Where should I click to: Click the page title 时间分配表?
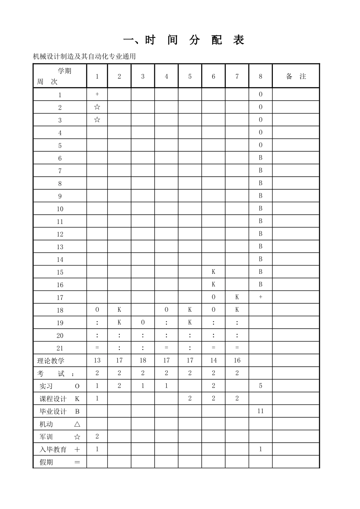184,40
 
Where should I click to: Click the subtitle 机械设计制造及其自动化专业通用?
84,57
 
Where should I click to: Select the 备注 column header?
296,76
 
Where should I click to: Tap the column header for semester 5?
190,76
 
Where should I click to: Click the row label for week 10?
60,209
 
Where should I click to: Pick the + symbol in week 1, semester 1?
97,94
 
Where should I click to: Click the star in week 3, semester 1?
97,120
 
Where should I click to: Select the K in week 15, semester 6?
213,272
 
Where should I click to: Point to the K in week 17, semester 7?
237,297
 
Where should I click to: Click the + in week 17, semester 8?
260,297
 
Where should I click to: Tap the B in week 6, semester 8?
260,158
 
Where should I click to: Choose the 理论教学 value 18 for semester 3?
143,361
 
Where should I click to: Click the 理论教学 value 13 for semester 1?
97,361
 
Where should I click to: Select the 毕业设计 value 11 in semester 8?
260,411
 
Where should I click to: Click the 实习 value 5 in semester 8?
260,386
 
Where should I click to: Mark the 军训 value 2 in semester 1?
97,437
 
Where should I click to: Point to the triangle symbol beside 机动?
77,424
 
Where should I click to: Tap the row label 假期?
47,462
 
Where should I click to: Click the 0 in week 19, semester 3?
143,323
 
